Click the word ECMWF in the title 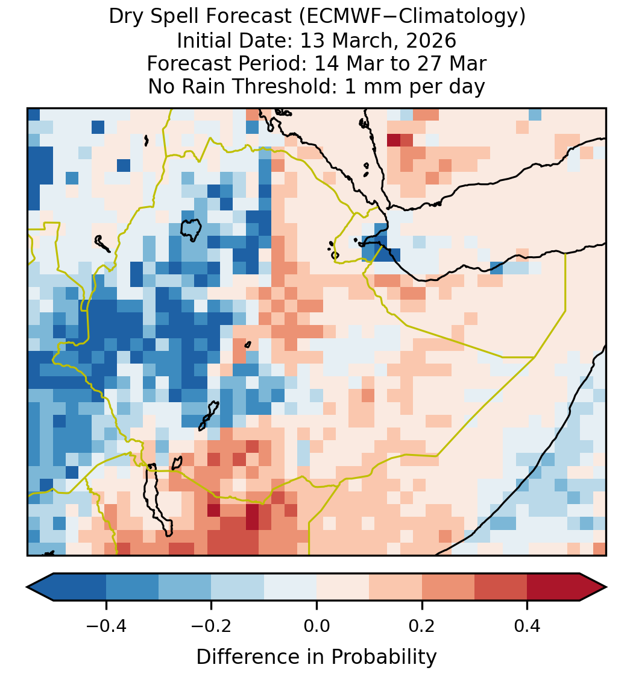click(x=338, y=17)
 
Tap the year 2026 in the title click(x=431, y=40)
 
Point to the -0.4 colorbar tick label click(x=106, y=625)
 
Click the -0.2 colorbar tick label click(x=212, y=625)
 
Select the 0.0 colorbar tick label click(x=316, y=625)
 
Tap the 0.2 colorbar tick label click(x=422, y=625)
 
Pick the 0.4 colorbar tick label click(x=527, y=625)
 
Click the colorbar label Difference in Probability click(x=316, y=657)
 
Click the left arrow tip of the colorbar click(x=27, y=587)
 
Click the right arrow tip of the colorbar click(x=606, y=587)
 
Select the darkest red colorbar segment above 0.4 click(x=553, y=587)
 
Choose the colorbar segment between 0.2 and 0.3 click(x=449, y=587)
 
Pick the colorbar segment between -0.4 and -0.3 click(x=132, y=587)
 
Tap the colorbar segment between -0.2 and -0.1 click(x=238, y=587)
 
